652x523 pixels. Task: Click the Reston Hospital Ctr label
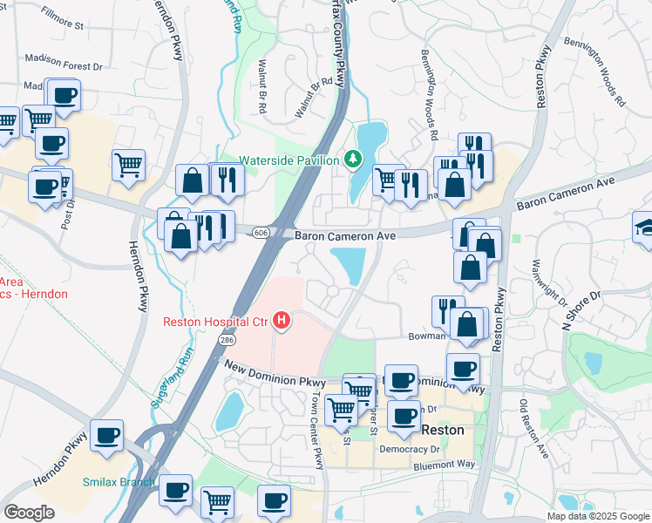(x=215, y=322)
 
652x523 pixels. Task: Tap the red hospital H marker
(x=282, y=322)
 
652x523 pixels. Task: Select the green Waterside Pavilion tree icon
(x=352, y=159)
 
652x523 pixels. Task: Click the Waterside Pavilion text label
(x=289, y=160)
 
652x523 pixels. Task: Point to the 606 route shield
(x=261, y=233)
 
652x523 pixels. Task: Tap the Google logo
(x=29, y=512)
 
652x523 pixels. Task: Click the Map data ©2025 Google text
(x=598, y=516)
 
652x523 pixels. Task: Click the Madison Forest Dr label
(x=63, y=65)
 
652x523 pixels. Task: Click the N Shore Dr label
(x=582, y=309)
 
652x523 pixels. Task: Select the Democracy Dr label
(x=410, y=449)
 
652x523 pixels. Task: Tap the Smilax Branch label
(x=119, y=482)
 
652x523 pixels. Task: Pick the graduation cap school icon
(x=644, y=227)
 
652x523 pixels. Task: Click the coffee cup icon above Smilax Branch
(x=107, y=435)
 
